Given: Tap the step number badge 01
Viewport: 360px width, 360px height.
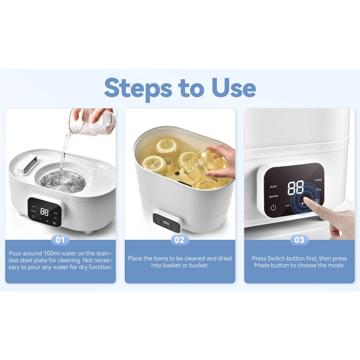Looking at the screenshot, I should pyautogui.click(x=60, y=240).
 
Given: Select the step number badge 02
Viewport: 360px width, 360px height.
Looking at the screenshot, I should pyautogui.click(x=180, y=240).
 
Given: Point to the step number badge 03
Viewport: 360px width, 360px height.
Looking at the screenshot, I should pyautogui.click(x=299, y=240).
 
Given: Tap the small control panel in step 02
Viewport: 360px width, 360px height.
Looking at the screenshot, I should pyautogui.click(x=166, y=221).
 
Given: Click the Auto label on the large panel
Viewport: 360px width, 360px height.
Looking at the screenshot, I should pyautogui.click(x=273, y=186).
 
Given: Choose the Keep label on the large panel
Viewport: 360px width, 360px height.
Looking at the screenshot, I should pyautogui.click(x=318, y=180).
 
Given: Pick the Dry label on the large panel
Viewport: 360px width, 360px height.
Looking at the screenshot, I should pyautogui.click(x=319, y=190).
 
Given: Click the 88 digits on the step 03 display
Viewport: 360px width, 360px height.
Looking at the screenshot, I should pyautogui.click(x=296, y=188).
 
